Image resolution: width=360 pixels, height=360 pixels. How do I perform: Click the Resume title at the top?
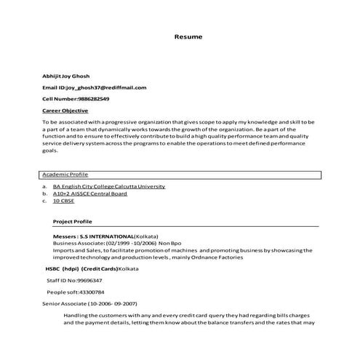(188, 36)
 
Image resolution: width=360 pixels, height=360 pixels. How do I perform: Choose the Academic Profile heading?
(65, 175)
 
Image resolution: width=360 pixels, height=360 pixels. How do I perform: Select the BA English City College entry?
(108, 187)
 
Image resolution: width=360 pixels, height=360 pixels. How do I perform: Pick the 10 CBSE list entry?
(63, 201)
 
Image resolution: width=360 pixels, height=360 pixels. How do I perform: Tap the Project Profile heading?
(73, 220)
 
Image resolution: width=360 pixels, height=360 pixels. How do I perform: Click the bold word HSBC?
(53, 268)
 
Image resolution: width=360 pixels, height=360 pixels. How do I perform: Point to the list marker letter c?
(44, 201)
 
